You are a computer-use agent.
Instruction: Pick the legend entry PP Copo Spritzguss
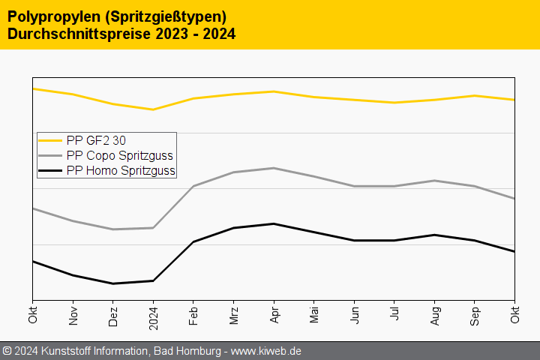click(x=119, y=155)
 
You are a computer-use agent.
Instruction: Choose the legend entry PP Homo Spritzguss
click(x=120, y=170)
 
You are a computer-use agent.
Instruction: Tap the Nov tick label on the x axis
click(x=73, y=315)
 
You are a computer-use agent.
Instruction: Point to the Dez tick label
click(x=113, y=315)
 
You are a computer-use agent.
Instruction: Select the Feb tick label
click(x=193, y=315)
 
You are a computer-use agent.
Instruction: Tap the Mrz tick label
click(x=234, y=315)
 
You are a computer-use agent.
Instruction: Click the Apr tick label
click(x=274, y=315)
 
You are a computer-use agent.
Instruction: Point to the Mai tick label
click(x=314, y=315)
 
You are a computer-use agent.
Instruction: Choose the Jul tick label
click(x=394, y=316)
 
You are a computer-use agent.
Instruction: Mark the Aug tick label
click(x=435, y=315)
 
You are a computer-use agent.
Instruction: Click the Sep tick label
click(x=475, y=315)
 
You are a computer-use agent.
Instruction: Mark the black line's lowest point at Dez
click(x=113, y=283)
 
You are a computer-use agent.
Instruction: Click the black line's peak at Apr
click(x=274, y=223)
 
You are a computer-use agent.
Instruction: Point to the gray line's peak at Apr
click(x=274, y=168)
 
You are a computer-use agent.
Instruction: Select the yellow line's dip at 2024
click(x=153, y=109)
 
